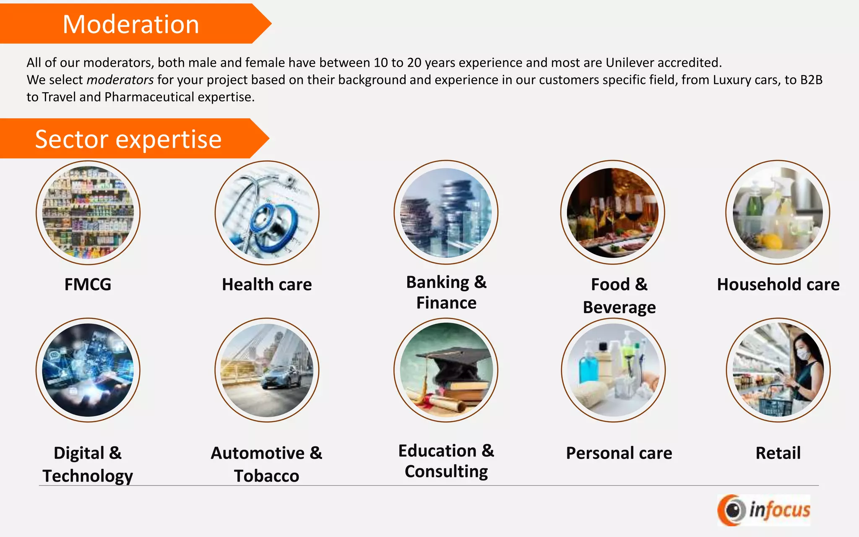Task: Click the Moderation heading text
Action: [x=130, y=24]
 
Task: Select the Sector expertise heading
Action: [x=128, y=139]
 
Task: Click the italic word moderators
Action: [x=120, y=80]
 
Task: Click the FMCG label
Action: [x=88, y=284]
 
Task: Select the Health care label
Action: [x=267, y=284]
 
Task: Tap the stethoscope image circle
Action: [x=267, y=213]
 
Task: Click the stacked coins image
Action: [x=446, y=213]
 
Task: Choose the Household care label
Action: [x=778, y=284]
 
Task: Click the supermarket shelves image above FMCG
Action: [x=88, y=213]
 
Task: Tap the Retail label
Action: [x=778, y=453]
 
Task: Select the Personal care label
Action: [x=619, y=453]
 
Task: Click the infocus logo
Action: [x=764, y=510]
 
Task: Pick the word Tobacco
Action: [x=267, y=476]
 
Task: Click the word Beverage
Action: [x=619, y=308]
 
